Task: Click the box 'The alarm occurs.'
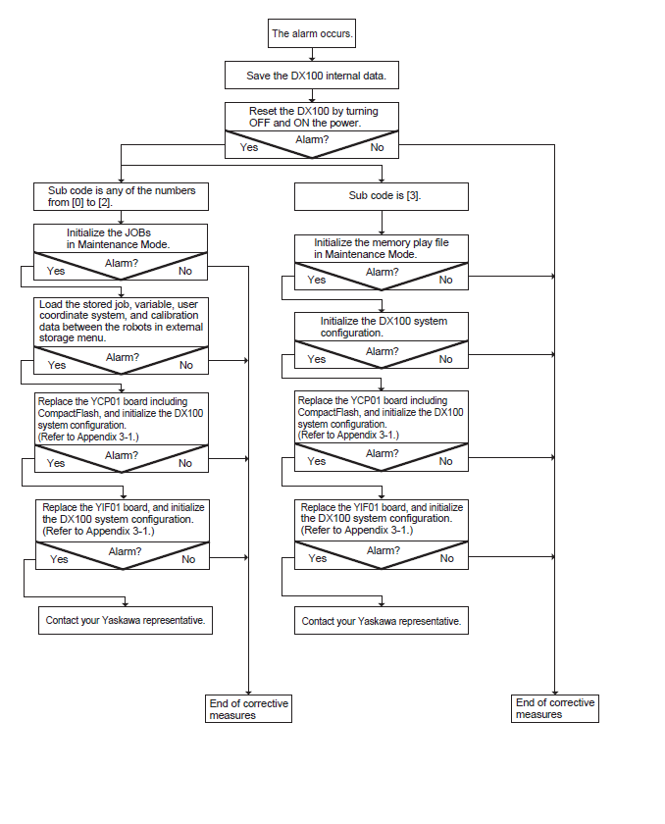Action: [312, 33]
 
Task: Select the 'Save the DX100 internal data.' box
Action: [312, 76]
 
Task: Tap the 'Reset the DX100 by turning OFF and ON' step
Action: [312, 117]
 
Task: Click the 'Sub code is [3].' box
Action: [382, 196]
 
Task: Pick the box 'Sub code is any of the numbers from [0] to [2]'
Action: [121, 196]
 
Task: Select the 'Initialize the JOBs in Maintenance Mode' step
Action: [121, 238]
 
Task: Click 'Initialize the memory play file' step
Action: [382, 248]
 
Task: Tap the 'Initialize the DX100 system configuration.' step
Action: [382, 327]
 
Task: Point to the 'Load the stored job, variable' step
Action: [121, 322]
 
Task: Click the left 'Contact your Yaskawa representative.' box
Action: [126, 621]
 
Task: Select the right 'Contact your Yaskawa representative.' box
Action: [382, 621]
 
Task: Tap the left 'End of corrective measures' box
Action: [248, 709]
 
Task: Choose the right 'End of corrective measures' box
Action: [555, 708]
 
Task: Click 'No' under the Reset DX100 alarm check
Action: [378, 148]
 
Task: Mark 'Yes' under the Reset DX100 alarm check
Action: [249, 148]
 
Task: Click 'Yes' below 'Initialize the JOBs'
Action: [56, 271]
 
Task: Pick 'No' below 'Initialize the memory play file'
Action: [446, 281]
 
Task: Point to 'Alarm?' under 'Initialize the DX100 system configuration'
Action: [382, 351]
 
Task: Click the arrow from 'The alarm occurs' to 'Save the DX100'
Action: [312, 55]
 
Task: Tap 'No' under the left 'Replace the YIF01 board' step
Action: [188, 560]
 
